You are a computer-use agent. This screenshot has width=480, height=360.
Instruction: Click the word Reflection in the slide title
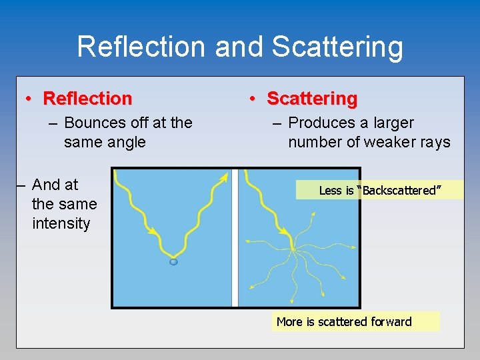tap(142, 47)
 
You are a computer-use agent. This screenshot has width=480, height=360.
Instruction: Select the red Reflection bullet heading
tap(87, 99)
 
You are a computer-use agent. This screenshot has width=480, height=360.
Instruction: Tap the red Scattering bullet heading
tap(312, 99)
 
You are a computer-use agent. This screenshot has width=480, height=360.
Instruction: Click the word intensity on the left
tap(61, 223)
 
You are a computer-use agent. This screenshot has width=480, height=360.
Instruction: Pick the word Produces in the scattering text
tap(319, 123)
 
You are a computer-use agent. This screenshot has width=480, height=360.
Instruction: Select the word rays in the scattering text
tap(435, 142)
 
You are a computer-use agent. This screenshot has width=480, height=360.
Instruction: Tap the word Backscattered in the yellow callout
tap(400, 191)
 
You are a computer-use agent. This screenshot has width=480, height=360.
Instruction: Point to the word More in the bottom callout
tap(289, 322)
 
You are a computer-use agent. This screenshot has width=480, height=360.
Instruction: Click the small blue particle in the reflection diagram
tap(173, 262)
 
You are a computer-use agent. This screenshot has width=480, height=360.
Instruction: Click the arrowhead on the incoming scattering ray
tap(287, 233)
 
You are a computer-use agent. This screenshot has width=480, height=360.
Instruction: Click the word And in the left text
tap(45, 185)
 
